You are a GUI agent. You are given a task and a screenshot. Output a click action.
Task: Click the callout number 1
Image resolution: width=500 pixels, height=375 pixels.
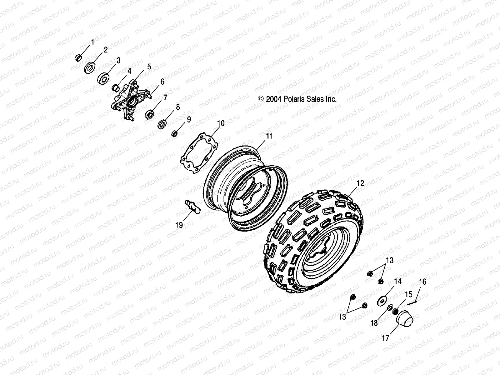click(92, 41)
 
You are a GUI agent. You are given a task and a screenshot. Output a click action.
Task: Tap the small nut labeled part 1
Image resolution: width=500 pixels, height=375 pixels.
click(79, 58)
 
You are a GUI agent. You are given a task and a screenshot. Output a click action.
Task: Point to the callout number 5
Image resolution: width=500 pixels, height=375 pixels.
click(149, 67)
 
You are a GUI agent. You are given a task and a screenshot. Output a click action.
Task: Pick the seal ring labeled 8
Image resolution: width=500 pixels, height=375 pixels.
click(162, 124)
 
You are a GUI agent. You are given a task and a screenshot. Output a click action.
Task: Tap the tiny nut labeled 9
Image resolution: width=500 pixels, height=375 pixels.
click(175, 134)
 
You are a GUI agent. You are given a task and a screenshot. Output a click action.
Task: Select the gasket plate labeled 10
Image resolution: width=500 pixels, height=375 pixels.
click(199, 153)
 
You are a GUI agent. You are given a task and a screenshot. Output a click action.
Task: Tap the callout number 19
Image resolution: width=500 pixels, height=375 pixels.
click(179, 225)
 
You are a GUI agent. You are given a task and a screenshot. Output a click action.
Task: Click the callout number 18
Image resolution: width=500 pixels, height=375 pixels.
click(374, 323)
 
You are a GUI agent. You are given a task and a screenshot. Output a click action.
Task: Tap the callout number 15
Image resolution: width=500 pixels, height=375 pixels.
click(409, 294)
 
